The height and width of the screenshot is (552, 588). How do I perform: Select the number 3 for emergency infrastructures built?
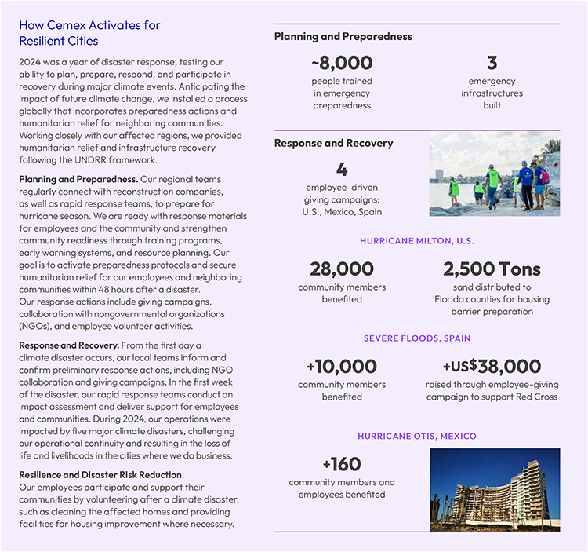492,63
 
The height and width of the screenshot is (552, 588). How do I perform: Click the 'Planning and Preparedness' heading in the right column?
343,36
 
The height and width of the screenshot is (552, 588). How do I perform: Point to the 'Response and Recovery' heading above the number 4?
333,143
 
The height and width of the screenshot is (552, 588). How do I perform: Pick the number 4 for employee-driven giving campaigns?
341,170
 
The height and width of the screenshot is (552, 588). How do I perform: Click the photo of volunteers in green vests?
494,174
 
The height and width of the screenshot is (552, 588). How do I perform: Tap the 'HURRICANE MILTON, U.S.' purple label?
416,241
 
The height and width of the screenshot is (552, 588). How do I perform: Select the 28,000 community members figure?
342,269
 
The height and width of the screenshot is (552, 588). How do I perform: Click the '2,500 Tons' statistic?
492,269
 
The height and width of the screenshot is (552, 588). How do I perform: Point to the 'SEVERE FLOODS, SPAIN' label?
416,338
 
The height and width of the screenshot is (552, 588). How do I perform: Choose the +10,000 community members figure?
342,366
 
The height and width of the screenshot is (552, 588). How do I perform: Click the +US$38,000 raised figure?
492,366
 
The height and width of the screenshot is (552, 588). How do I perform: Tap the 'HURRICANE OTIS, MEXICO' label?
416,436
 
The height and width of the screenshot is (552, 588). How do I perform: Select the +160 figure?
342,464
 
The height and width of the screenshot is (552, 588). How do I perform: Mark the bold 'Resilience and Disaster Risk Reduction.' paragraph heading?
101,475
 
